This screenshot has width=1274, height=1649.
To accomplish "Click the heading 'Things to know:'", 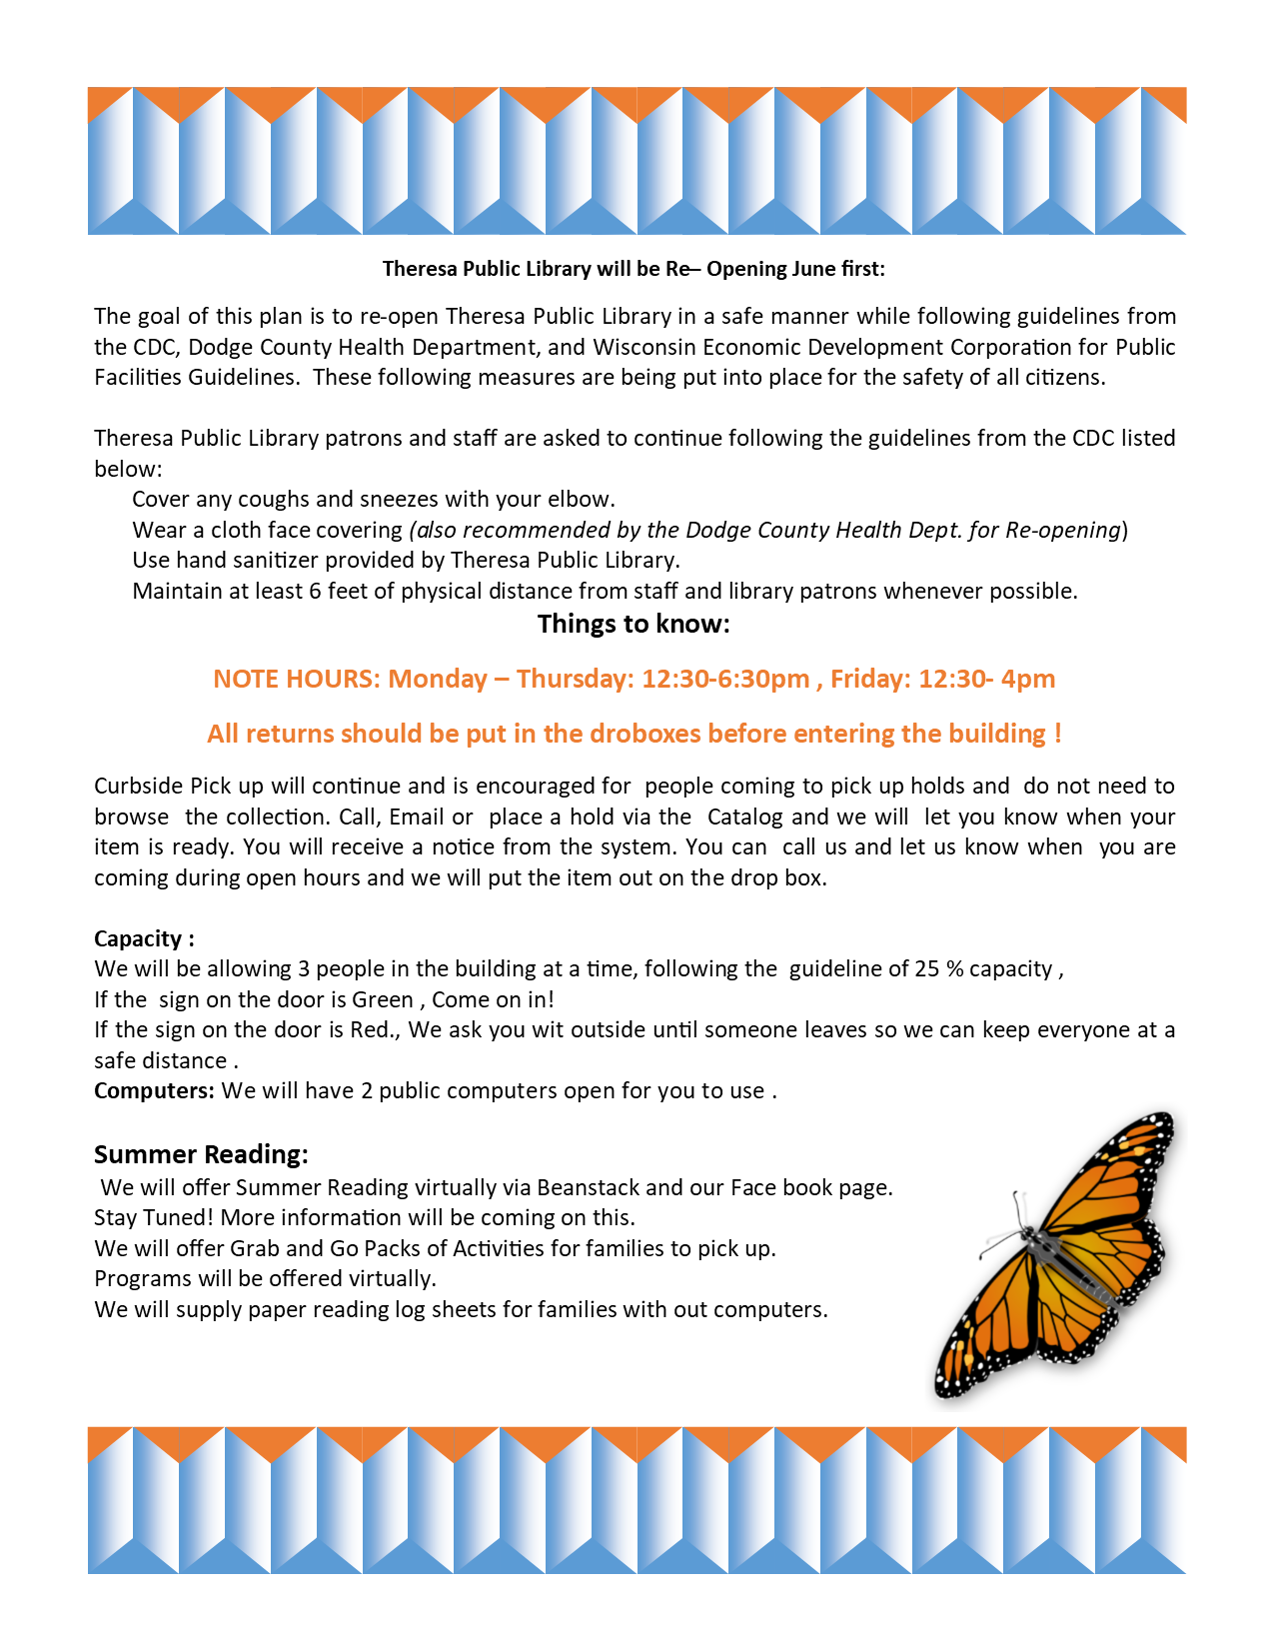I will (634, 625).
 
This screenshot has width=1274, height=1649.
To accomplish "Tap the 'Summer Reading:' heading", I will (201, 1154).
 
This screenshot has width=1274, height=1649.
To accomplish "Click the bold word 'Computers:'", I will (154, 1090).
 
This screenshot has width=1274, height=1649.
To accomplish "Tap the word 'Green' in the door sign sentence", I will (383, 999).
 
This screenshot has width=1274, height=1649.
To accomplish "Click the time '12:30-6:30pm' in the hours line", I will (725, 679).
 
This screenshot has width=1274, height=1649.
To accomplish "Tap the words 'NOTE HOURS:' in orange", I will (296, 679).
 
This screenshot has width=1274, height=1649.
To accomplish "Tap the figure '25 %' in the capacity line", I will (939, 969).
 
